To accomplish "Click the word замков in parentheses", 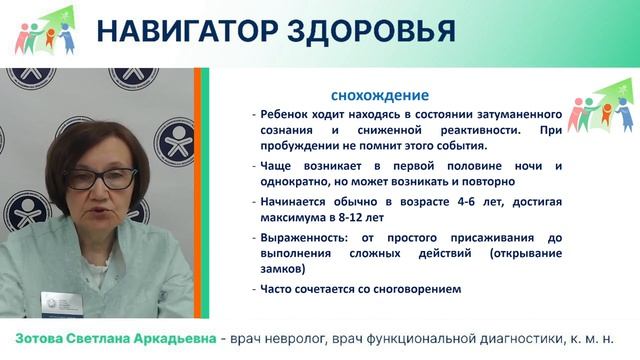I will click(x=282, y=269).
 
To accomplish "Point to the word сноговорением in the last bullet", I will click(x=413, y=290).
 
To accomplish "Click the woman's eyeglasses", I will click(x=101, y=179).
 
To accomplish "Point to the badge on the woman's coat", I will click(x=59, y=301).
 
